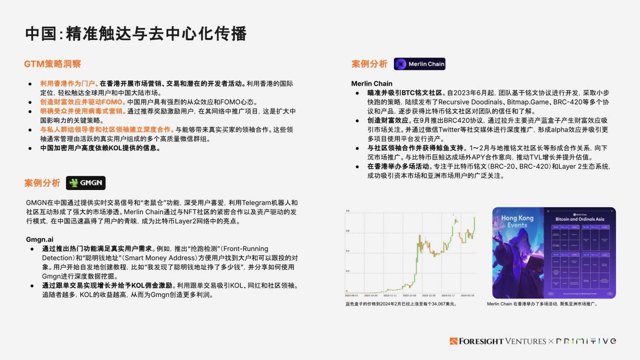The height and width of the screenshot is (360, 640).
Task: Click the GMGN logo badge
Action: coord(86,183)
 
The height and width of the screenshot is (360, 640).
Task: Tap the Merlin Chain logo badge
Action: coord(419,64)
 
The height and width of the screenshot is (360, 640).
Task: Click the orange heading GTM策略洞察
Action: coord(52,64)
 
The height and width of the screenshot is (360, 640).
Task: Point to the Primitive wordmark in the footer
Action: coord(586,341)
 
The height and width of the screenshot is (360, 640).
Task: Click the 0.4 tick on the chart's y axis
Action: coord(347,251)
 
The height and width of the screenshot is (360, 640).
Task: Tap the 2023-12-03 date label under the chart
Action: coord(409,296)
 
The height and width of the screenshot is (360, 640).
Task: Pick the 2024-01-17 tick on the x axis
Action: coord(448,296)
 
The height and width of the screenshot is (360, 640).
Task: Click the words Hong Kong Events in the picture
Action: coord(517,221)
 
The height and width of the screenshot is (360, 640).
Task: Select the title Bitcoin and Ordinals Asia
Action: coord(580,219)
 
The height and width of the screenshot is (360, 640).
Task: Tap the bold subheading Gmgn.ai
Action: coord(40,240)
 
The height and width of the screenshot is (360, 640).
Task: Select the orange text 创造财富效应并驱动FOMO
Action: coord(81,102)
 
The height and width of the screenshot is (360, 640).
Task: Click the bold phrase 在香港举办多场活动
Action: coord(398,167)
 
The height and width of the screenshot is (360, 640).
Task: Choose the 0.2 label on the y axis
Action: coord(347,271)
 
